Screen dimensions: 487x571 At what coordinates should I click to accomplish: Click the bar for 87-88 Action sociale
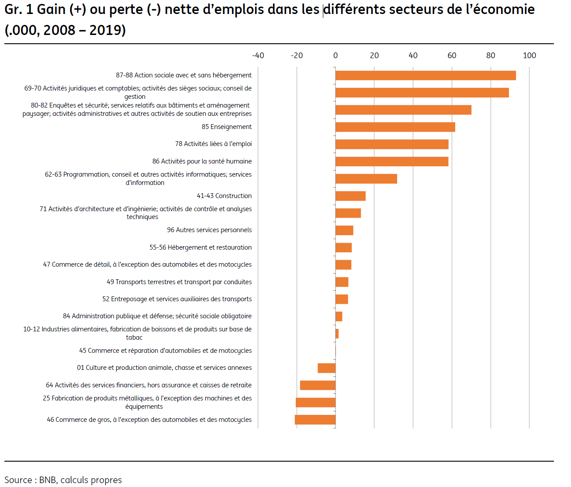426,75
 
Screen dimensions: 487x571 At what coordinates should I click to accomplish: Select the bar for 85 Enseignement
395,127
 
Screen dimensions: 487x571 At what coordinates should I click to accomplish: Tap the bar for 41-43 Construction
350,196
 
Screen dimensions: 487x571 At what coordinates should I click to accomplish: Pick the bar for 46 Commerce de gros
315,420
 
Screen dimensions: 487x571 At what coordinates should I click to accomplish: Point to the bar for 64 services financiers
318,385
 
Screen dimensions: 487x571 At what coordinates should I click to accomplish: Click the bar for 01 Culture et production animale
326,368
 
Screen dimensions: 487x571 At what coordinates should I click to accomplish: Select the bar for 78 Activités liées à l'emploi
392,144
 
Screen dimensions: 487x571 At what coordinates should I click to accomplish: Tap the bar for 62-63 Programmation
366,179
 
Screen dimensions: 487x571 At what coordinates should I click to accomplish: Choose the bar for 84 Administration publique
339,317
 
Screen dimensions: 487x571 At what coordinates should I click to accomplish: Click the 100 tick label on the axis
529,56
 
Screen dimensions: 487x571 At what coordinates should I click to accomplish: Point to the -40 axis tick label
258,56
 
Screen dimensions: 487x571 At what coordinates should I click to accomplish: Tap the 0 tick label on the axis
336,56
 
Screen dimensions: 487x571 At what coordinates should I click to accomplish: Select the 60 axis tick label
452,56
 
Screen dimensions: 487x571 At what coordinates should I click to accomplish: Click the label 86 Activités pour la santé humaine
202,161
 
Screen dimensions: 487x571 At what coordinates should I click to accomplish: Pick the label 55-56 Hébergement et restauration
200,247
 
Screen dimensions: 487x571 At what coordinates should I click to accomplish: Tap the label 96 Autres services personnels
209,230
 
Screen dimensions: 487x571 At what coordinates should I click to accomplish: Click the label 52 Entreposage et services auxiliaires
177,299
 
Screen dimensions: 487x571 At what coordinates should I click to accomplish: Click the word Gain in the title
51,10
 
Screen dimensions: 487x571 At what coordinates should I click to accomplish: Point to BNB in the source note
48,480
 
